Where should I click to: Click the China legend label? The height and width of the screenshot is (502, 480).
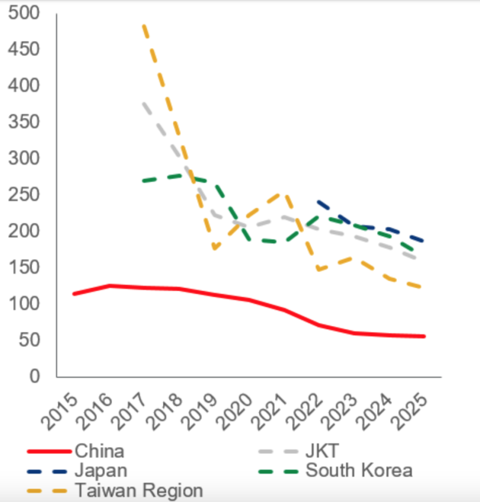(99, 451)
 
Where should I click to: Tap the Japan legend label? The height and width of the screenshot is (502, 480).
(101, 470)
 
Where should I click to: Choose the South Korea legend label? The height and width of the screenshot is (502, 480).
(359, 470)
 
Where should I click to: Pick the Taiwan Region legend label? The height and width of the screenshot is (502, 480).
(139, 490)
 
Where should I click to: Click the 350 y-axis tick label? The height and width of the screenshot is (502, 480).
(25, 122)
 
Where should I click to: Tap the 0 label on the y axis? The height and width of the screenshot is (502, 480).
(35, 377)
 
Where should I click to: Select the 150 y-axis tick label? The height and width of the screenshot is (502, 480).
(25, 267)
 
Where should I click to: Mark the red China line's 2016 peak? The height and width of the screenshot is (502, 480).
(109, 285)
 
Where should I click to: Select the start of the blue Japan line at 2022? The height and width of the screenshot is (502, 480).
(317, 202)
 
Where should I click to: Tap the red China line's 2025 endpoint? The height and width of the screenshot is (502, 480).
(424, 336)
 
